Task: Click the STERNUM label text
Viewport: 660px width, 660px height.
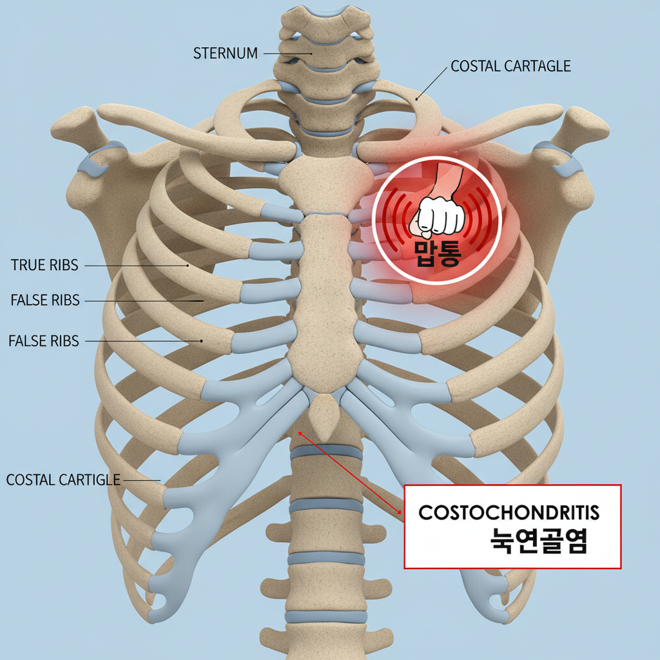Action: tap(226, 53)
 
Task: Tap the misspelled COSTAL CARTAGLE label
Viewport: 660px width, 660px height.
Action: tap(510, 66)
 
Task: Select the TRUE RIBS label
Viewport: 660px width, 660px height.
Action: tap(44, 265)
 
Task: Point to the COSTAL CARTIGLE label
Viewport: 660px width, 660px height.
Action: tap(63, 480)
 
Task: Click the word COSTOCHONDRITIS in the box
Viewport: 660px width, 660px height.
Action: tap(509, 513)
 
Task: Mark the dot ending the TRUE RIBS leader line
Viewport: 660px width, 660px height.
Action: tap(188, 265)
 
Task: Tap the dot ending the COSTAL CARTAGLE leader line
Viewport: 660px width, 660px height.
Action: tap(418, 99)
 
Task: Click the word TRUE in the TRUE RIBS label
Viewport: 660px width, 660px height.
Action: tap(27, 265)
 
